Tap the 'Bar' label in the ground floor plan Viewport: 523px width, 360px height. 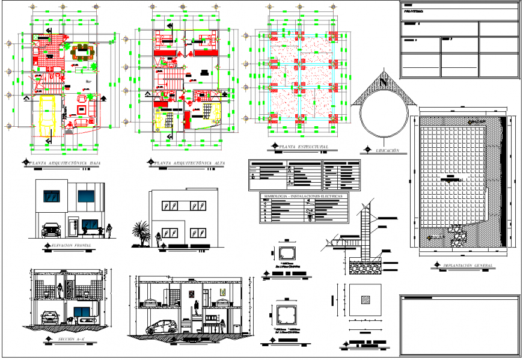(x=88, y=81)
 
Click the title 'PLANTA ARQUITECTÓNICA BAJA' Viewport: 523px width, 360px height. (x=66, y=162)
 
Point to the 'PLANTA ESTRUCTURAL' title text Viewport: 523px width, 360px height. (x=307, y=146)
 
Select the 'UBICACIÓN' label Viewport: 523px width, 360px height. (x=387, y=150)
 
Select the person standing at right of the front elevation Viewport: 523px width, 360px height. (x=109, y=230)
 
